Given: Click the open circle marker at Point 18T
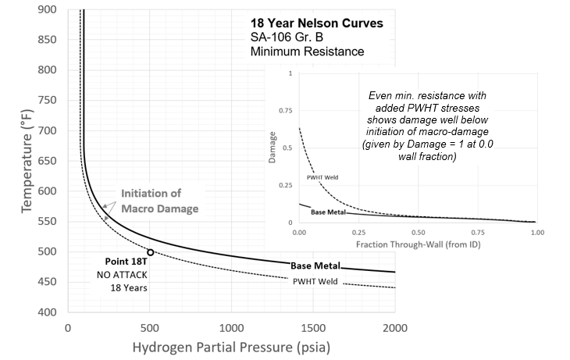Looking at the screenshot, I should coord(150,252).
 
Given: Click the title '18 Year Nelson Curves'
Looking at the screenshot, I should coord(317,23).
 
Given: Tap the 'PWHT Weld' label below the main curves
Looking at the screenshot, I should coord(315,281).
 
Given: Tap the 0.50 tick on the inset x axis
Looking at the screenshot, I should coord(418,233).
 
